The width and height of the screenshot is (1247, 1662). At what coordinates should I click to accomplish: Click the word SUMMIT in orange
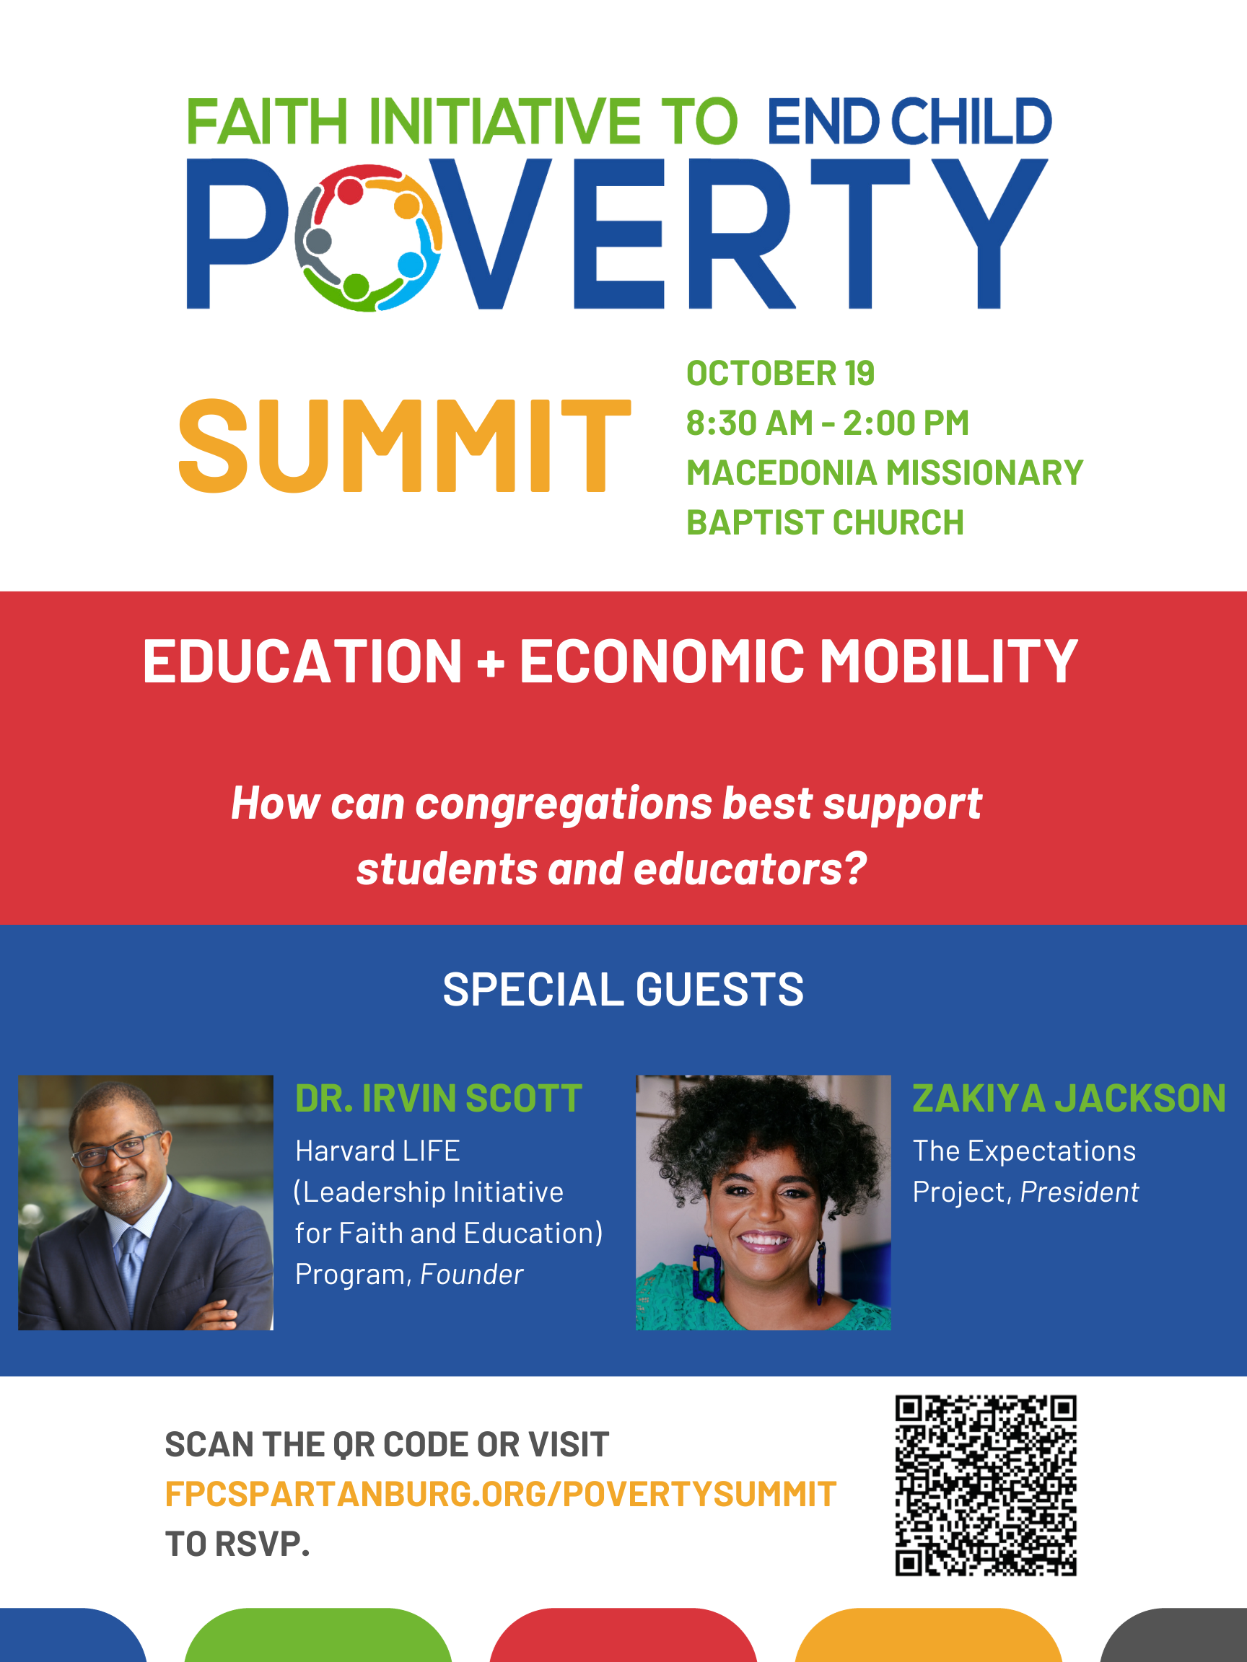tap(404, 446)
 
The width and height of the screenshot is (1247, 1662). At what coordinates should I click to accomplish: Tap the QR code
tap(986, 1485)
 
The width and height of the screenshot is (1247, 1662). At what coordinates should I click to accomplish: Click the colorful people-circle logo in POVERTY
tap(367, 237)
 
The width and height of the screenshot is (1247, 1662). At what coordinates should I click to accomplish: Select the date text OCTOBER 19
tap(780, 374)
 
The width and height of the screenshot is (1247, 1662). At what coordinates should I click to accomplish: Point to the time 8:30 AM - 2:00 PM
tap(828, 423)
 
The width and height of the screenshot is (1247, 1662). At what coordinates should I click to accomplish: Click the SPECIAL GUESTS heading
tap(623, 989)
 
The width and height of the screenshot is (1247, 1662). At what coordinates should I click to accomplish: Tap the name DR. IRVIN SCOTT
tap(438, 1099)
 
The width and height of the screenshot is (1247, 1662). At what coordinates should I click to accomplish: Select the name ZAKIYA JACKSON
tap(1069, 1099)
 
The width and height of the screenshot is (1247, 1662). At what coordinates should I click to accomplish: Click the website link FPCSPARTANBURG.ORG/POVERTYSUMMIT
tap(501, 1495)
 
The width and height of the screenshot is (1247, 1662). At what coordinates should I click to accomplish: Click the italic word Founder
tap(471, 1275)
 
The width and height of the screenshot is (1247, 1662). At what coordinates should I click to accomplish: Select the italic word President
tap(1080, 1192)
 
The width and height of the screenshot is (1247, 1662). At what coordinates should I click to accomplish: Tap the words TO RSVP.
tap(237, 1544)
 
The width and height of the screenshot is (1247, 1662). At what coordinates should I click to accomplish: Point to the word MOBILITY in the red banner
tap(948, 661)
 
